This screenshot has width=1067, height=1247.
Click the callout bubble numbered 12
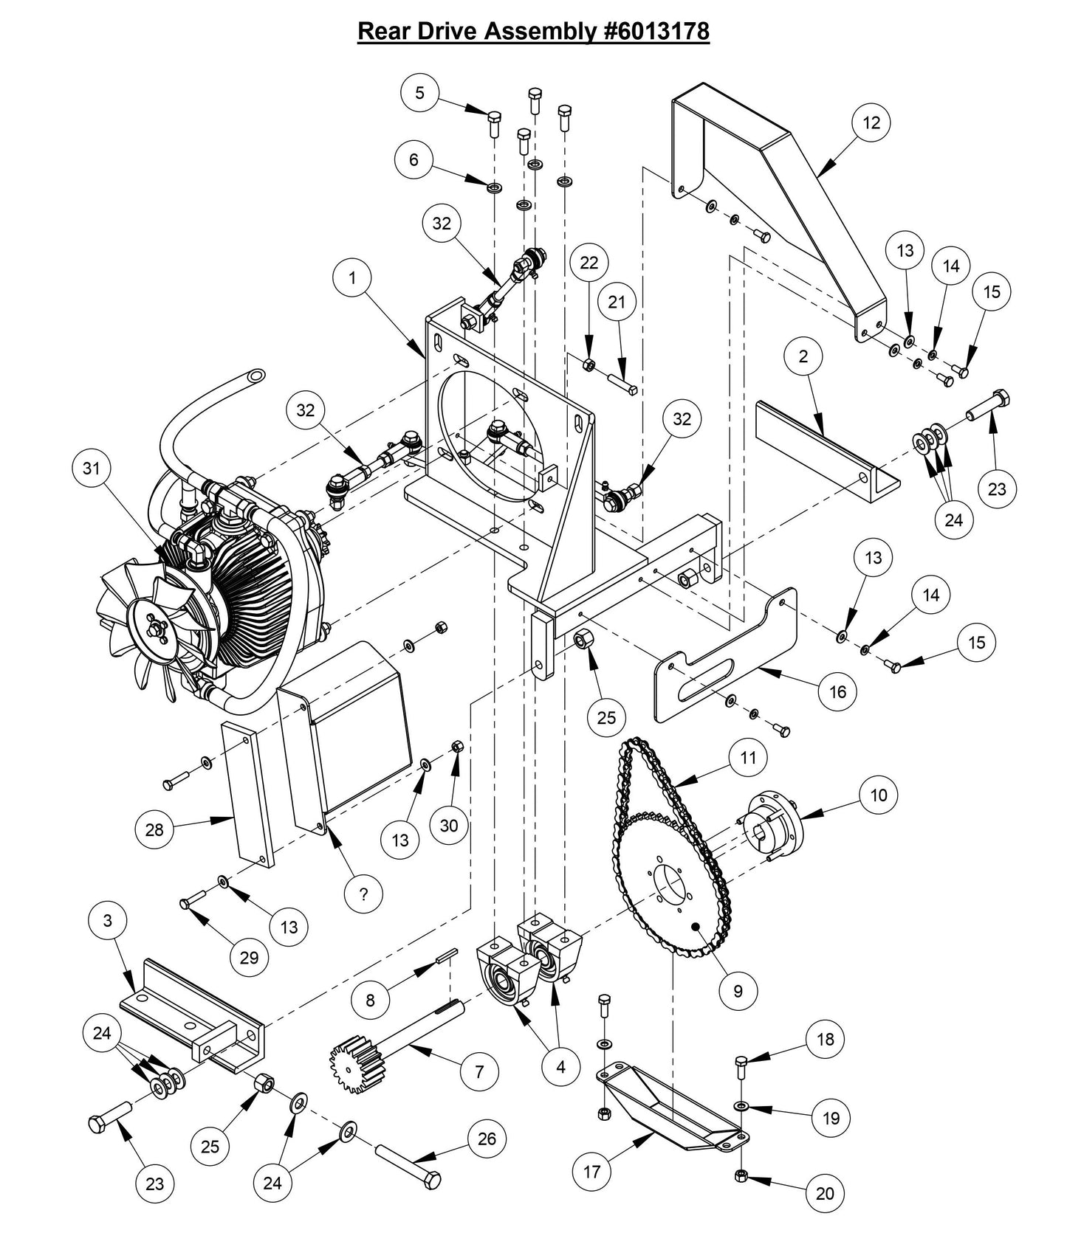[871, 122]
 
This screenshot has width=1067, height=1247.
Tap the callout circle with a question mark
[363, 894]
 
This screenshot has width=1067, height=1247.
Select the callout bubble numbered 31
[91, 469]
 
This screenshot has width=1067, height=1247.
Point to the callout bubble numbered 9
[737, 991]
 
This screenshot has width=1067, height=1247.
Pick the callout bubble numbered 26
[487, 1139]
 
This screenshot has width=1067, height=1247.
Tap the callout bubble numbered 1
[352, 278]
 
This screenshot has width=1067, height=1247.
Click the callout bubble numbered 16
[837, 691]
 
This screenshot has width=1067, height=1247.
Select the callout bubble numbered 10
[879, 795]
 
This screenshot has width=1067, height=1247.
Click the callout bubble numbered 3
[108, 921]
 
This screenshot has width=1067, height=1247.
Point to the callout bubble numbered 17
[592, 1172]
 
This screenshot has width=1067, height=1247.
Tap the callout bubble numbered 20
[825, 1194]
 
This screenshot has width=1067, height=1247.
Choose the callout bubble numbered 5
[420, 92]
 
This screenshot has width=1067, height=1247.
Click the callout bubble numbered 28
[154, 830]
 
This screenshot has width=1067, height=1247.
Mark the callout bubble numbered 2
[803, 356]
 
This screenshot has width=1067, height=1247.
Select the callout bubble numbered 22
[589, 263]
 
